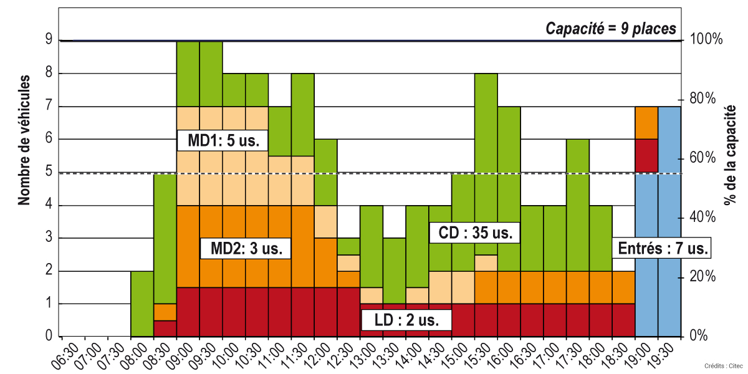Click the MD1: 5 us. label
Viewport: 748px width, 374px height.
223,140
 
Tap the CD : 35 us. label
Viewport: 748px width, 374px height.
474,234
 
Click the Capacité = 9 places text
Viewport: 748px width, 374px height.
610,28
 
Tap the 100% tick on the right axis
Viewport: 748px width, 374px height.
707,40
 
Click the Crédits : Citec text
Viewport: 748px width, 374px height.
722,365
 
